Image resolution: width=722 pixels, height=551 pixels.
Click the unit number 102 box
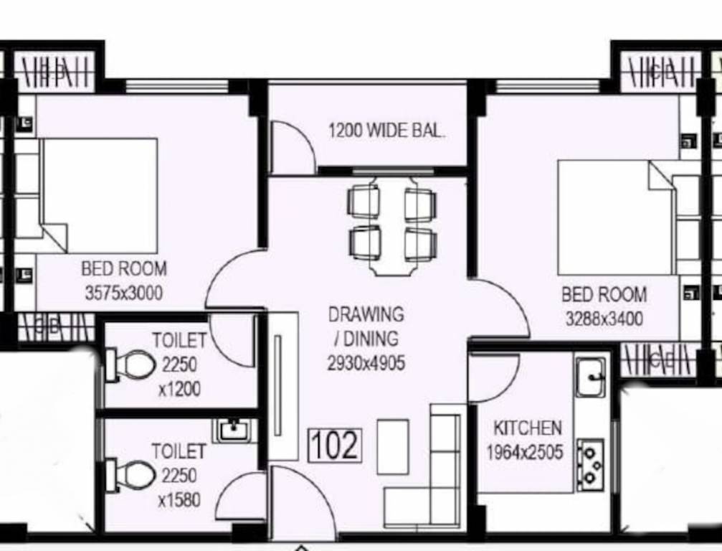pyautogui.click(x=335, y=445)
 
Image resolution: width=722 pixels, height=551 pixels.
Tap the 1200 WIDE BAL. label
pyautogui.click(x=386, y=131)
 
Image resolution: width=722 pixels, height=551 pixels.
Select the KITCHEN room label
pyautogui.click(x=527, y=428)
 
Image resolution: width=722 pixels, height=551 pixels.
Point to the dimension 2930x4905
pyautogui.click(x=366, y=363)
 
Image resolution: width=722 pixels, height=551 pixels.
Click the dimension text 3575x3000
pyautogui.click(x=123, y=293)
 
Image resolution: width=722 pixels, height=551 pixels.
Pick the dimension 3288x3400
pyautogui.click(x=604, y=319)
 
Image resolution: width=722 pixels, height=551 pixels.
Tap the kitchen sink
pyautogui.click(x=591, y=376)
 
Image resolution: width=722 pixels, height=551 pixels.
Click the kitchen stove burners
pyautogui.click(x=591, y=464)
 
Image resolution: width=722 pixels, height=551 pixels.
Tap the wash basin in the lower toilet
pyautogui.click(x=232, y=430)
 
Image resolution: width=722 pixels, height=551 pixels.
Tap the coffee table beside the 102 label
pyautogui.click(x=393, y=446)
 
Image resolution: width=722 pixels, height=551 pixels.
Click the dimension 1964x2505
pyautogui.click(x=524, y=453)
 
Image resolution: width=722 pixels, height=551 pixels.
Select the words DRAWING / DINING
pyautogui.click(x=366, y=326)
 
